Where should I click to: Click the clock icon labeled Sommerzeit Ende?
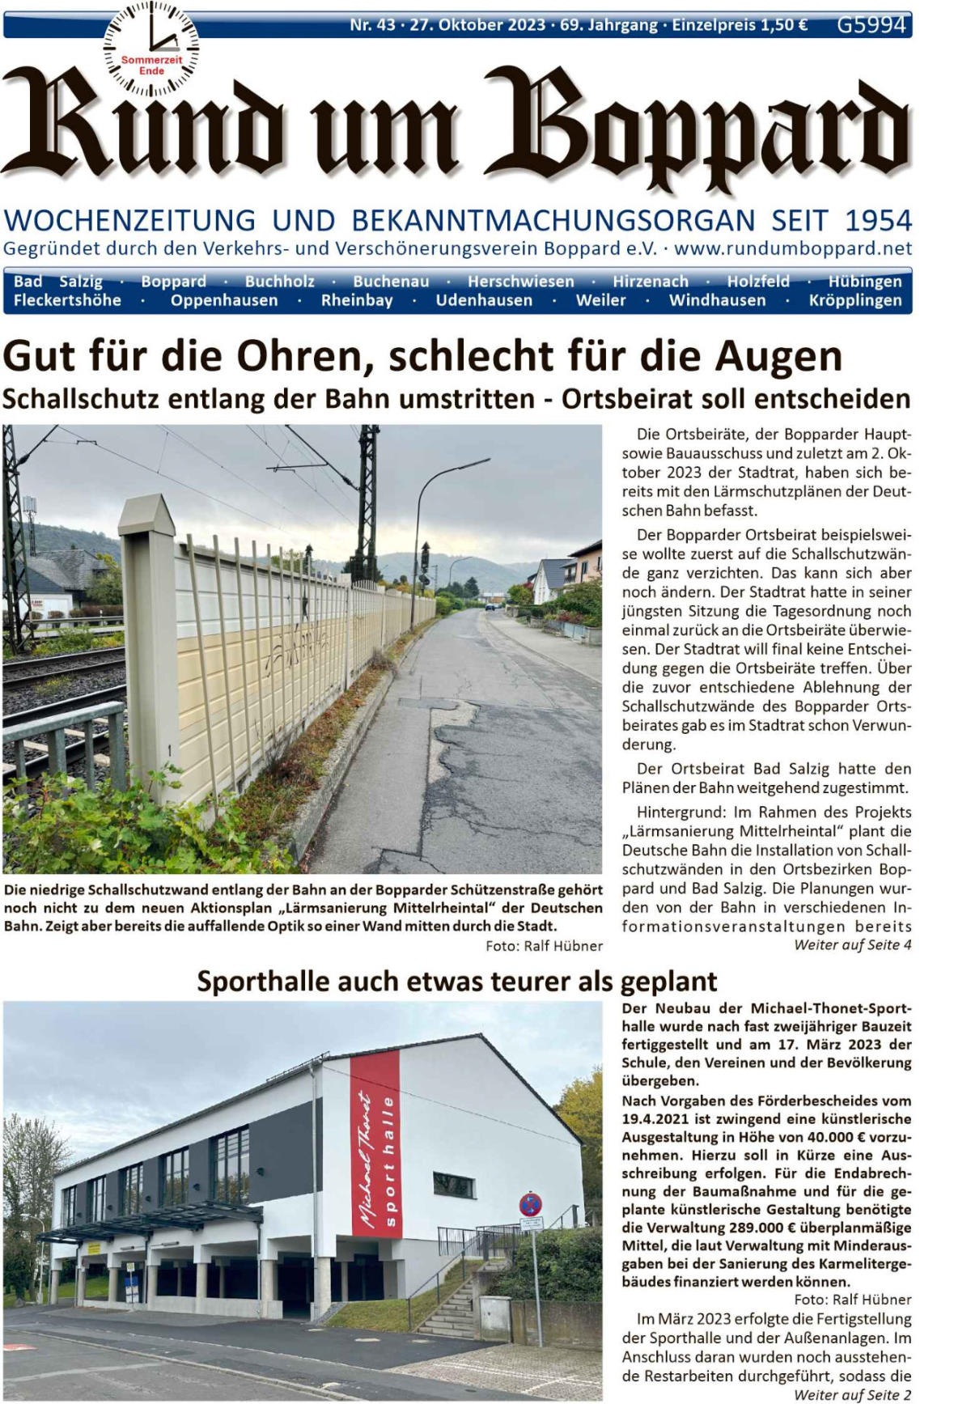tap(151, 49)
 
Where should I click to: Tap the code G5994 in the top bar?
tap(871, 25)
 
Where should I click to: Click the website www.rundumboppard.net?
tap(793, 248)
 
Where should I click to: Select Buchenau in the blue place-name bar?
tap(391, 282)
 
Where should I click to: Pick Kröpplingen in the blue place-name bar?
tap(855, 300)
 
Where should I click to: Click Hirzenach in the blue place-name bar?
tap(650, 282)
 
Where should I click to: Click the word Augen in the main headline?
tap(778, 357)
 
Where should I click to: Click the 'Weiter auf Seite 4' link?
tap(852, 945)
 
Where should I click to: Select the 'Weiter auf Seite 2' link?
tap(852, 1395)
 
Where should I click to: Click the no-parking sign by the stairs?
tap(530, 1205)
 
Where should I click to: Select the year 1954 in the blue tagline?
tap(878, 220)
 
